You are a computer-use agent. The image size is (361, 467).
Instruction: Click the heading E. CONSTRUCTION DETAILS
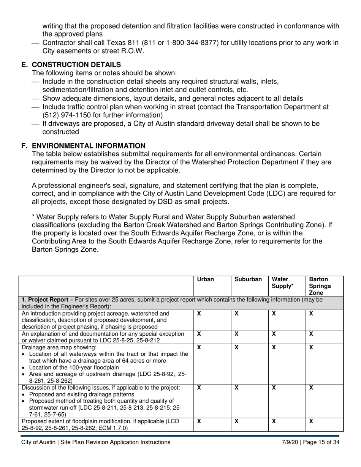[x=71, y=65]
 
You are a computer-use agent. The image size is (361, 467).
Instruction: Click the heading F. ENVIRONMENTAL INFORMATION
[x=83, y=146]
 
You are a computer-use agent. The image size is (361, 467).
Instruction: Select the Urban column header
[x=206, y=279]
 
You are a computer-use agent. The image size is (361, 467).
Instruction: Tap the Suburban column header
[x=248, y=279]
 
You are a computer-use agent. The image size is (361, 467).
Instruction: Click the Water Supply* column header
[x=282, y=283]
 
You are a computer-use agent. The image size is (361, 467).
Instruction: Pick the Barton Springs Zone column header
[x=319, y=286]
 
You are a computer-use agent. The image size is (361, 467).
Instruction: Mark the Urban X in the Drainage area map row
[x=199, y=347]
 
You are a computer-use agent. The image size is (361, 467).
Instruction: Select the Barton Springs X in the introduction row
[x=311, y=314]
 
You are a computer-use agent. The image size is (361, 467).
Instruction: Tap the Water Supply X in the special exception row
[x=274, y=334]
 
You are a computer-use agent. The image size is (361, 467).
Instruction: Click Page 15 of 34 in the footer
[x=321, y=442]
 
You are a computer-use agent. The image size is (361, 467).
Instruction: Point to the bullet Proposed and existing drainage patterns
[x=81, y=394]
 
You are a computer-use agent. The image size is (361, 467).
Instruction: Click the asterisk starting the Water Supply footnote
[x=33, y=217]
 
